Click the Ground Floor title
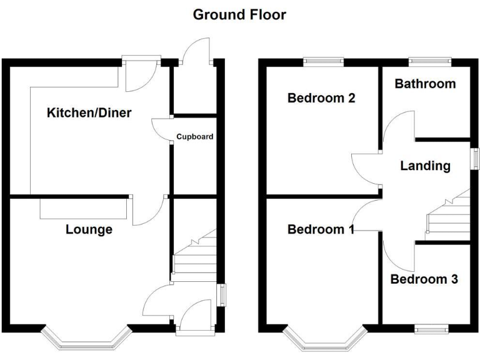point(239,14)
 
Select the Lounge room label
point(89,229)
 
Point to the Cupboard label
point(194,136)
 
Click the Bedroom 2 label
point(321,98)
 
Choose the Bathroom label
point(425,84)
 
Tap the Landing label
point(425,166)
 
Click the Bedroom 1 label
point(321,229)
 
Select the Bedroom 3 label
point(424,279)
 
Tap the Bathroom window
point(430,61)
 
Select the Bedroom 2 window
point(324,61)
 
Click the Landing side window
point(474,158)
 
